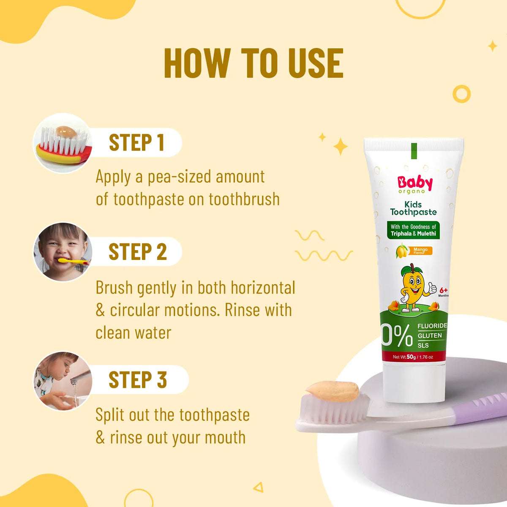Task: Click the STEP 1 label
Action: coord(136,142)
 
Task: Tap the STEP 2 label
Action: coord(138,252)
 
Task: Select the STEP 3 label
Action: coord(138,379)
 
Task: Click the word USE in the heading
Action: coord(310,63)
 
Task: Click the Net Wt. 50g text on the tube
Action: coord(413,357)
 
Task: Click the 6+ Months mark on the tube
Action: coord(443,292)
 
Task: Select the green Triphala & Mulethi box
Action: coord(414,230)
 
